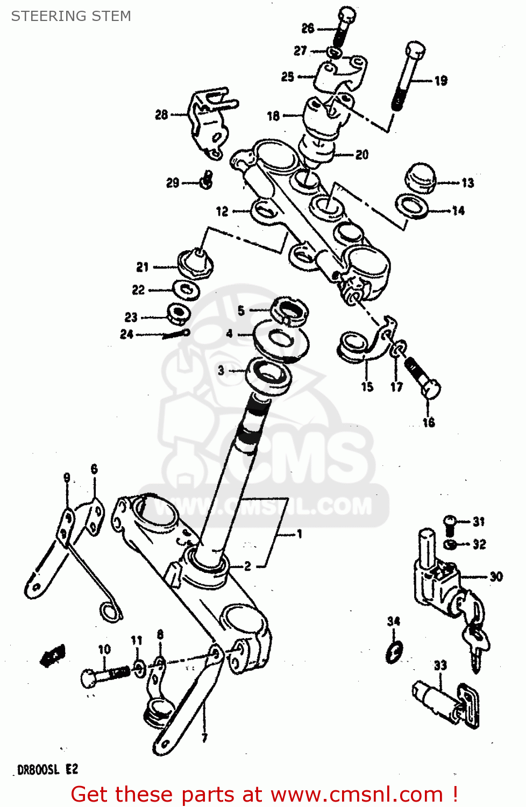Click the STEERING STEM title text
click(71, 16)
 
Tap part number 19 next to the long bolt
click(441, 81)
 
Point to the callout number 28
click(161, 115)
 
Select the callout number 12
click(222, 211)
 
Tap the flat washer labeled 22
click(186, 290)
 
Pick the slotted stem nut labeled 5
click(289, 311)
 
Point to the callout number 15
click(367, 387)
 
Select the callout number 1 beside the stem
click(300, 534)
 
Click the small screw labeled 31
click(450, 521)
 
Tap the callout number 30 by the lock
click(496, 577)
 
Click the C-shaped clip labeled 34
click(394, 652)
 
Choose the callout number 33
click(440, 666)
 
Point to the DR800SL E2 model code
click(48, 770)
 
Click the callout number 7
click(204, 738)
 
